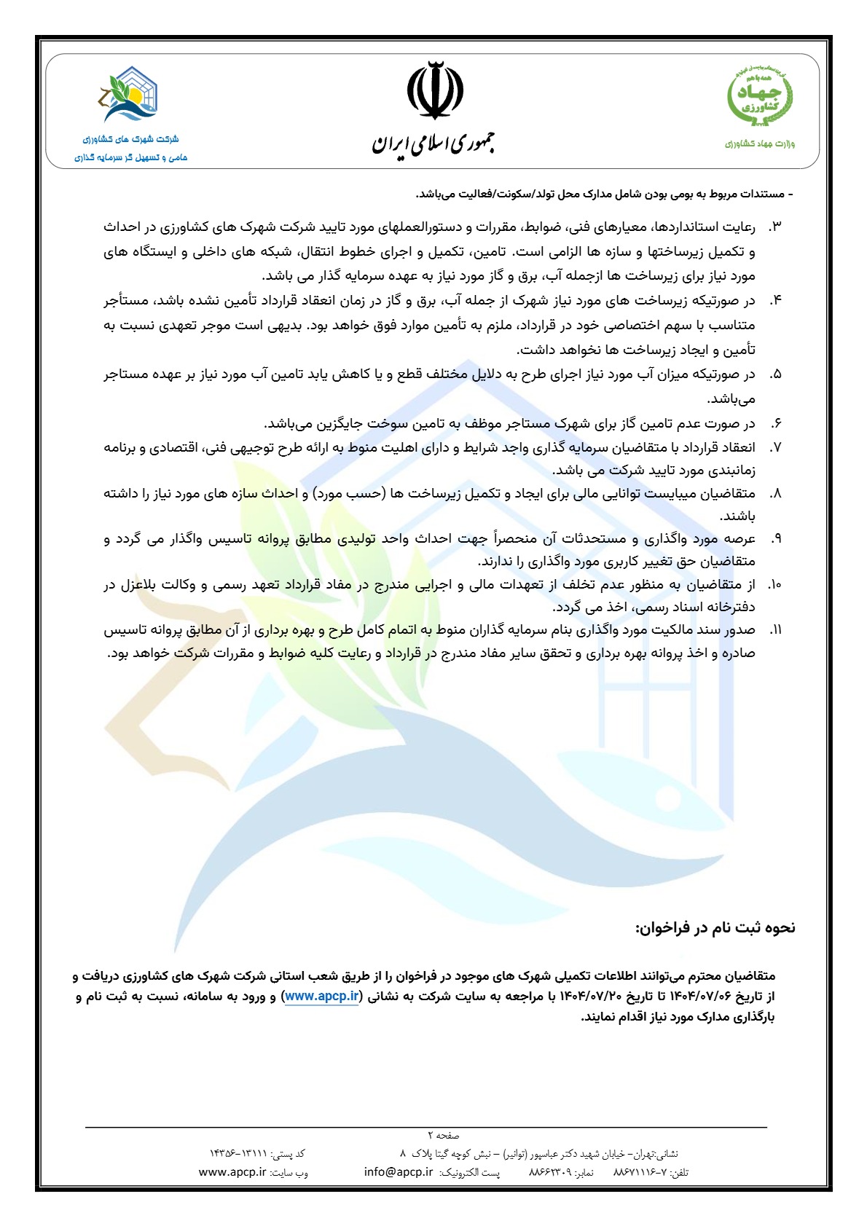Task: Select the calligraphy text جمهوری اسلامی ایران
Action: coord(434,141)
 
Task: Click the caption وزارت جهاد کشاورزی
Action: coord(760,144)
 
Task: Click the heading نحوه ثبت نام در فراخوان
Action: coord(715,927)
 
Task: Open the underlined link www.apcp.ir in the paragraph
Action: coord(322,996)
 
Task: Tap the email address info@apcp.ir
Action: coord(399,1172)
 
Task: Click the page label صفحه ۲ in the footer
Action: coord(444,1135)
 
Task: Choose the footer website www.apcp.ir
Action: coord(232,1172)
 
